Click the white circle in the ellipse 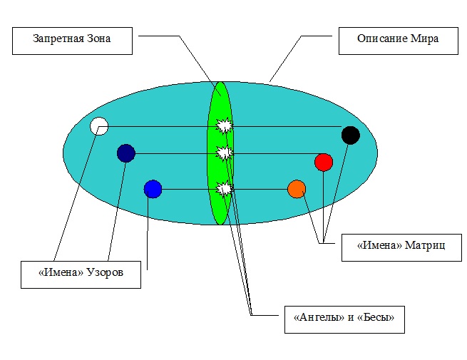click(x=99, y=126)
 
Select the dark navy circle click(x=125, y=153)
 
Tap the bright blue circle click(x=153, y=189)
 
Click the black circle click(x=350, y=135)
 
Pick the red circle click(x=324, y=162)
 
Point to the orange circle click(x=297, y=189)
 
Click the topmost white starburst click(x=225, y=126)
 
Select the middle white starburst click(x=225, y=153)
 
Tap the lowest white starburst click(x=225, y=189)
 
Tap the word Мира click(x=425, y=41)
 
